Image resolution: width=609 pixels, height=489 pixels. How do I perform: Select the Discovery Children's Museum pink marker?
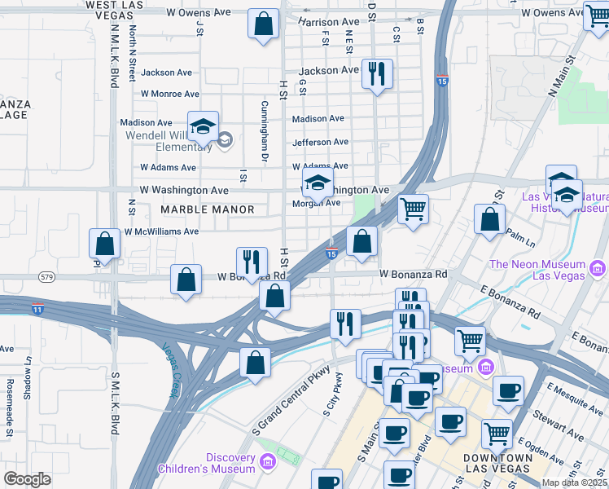[268, 464]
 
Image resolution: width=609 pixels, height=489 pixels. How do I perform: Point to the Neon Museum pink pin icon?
[598, 267]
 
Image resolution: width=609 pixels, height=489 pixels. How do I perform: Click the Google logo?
[27, 478]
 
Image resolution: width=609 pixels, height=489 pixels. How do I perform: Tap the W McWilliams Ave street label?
[161, 231]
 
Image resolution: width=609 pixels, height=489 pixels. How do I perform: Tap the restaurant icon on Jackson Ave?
[376, 74]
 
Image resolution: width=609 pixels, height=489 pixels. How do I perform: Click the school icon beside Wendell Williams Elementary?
[203, 127]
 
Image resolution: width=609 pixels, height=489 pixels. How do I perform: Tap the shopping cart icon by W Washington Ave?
[413, 209]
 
